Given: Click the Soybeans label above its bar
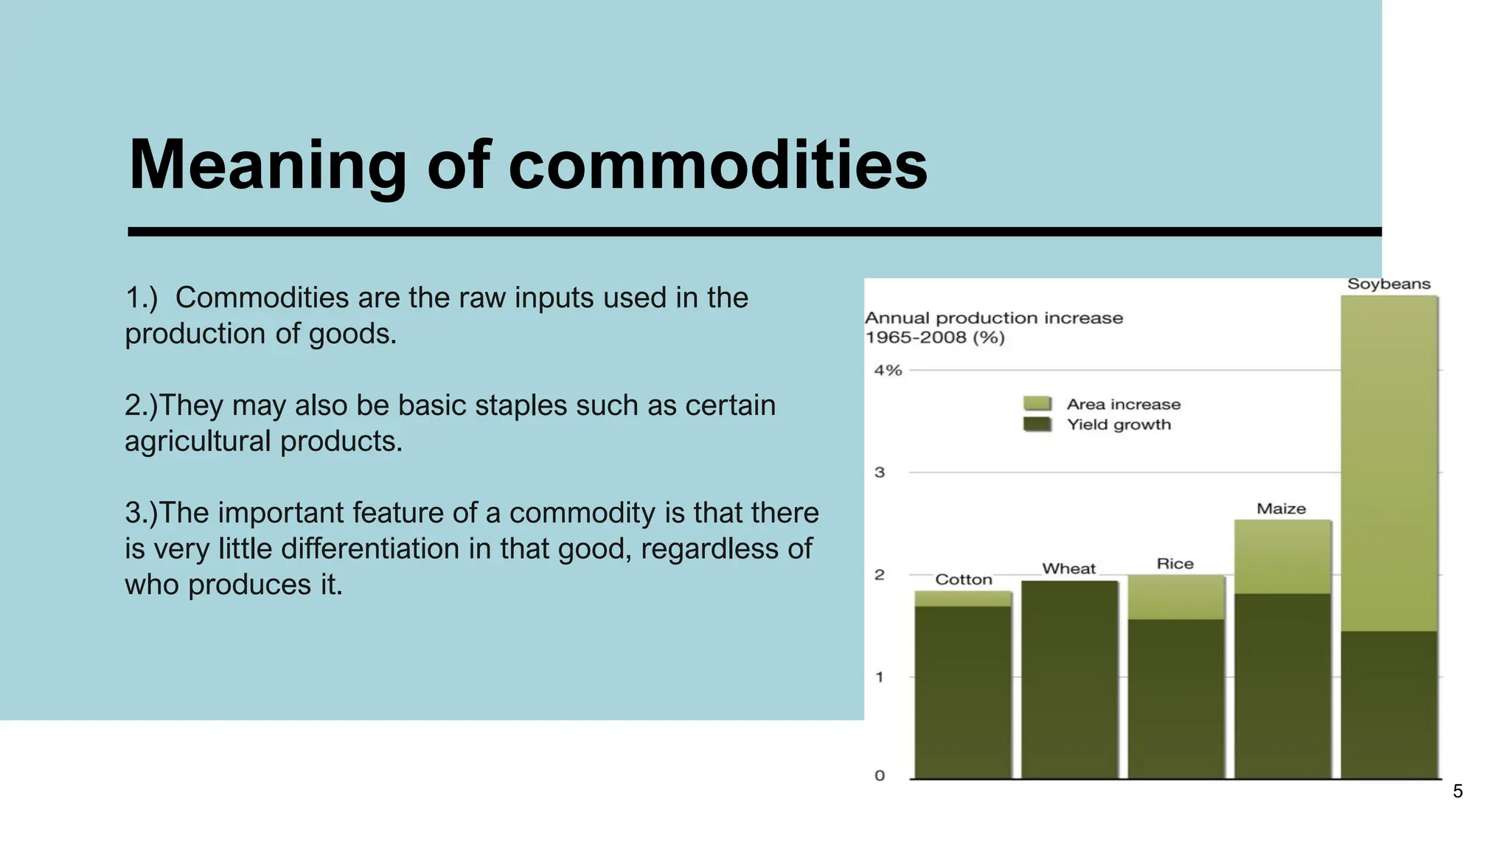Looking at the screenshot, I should coord(1388,284).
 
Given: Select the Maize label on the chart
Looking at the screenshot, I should coord(1281,509).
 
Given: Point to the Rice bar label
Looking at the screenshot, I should coord(1175,564).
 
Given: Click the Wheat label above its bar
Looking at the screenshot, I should coord(1068,568).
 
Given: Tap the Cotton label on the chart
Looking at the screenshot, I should coord(963,579).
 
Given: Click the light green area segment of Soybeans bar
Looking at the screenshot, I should coord(1388,464).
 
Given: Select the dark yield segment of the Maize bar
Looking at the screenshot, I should coord(1282,685).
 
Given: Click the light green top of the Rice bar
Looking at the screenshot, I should coord(1175,597).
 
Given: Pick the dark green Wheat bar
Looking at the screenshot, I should coord(1069,678).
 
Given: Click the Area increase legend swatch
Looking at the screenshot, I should coord(1037,403).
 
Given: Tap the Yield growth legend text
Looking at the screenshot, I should coord(1118,424).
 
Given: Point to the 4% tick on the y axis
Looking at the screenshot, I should coord(888,370).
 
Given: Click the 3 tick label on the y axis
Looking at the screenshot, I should coord(880,472).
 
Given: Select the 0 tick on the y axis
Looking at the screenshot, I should coord(880,775).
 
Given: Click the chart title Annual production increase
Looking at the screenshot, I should coord(993,318).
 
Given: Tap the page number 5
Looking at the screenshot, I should coord(1457,792).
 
